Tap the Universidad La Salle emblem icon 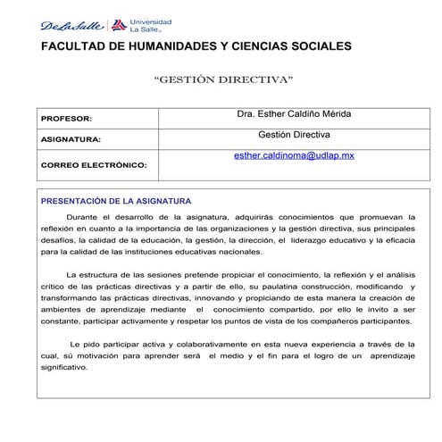120,25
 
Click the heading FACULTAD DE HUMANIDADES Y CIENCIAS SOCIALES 196,46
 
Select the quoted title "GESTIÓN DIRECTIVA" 223,79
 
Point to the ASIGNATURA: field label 71,140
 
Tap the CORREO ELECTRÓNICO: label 94,164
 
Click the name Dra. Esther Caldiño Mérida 294,114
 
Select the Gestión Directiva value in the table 294,134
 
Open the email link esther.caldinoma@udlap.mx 294,154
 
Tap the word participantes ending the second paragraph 384,320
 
